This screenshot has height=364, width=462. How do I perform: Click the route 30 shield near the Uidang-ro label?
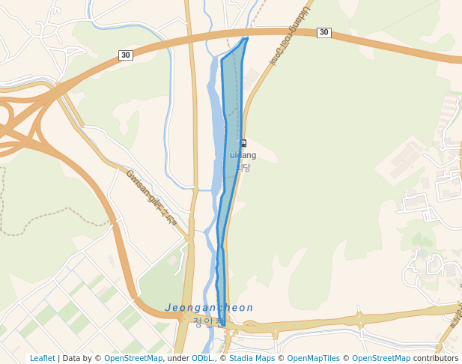323,32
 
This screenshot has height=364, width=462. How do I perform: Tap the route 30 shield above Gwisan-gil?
126,55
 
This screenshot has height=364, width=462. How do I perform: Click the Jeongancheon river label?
209,308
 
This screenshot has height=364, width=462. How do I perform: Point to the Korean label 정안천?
207,322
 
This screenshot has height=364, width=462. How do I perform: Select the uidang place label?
243,155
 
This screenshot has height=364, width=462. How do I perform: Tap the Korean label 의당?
242,167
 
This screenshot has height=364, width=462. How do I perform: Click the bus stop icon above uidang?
242,143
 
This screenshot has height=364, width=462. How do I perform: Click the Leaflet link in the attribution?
42,358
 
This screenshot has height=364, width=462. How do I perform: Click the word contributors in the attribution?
436,358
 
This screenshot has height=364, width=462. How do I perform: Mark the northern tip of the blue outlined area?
247,37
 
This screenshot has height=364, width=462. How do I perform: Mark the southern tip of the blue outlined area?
223,325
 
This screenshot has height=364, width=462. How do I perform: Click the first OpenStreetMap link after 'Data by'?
133,358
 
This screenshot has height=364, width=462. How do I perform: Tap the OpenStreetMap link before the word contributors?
381,358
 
